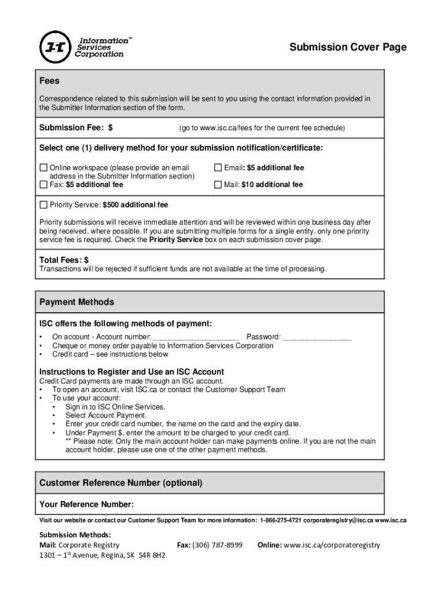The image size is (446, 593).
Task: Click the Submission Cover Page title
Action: (348, 47)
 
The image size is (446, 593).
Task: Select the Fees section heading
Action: (49, 81)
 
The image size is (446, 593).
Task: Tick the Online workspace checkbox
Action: (43, 168)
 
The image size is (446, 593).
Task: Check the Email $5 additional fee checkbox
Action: (218, 168)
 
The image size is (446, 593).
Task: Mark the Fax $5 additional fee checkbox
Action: (43, 185)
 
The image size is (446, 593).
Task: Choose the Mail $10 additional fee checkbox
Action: (218, 185)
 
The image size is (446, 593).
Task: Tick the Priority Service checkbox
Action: (43, 205)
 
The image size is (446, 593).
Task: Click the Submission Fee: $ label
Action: (76, 127)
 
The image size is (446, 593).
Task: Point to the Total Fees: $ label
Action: (64, 260)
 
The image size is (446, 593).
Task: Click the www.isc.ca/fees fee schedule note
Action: (261, 127)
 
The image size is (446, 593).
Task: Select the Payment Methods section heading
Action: (76, 302)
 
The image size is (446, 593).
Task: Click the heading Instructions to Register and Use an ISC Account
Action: (131, 372)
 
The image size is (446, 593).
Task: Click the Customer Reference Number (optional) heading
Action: (120, 483)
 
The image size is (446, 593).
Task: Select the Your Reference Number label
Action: (86, 504)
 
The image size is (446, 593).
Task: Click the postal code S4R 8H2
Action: (151, 556)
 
